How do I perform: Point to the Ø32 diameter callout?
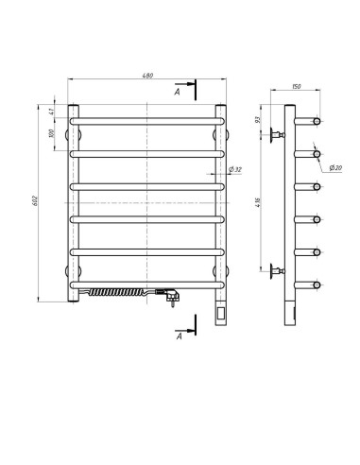click(x=235, y=170)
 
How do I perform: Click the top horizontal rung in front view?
click(x=147, y=121)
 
